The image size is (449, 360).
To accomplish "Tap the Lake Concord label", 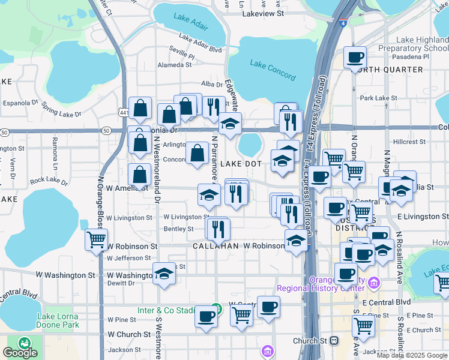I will [273, 70].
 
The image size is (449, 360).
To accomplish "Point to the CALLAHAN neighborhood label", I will [216, 246].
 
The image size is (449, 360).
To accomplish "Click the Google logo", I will [20, 352].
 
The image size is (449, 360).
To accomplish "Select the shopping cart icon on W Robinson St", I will [96, 239].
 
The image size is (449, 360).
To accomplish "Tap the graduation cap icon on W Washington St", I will [164, 273].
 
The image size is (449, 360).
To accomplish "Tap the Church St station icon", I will [334, 340].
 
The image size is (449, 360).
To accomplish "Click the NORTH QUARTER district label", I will [387, 70].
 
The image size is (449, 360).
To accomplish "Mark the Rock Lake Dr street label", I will [49, 179].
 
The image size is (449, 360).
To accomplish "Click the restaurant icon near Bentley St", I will [217, 227].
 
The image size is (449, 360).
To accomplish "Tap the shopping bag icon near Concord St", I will [197, 152].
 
